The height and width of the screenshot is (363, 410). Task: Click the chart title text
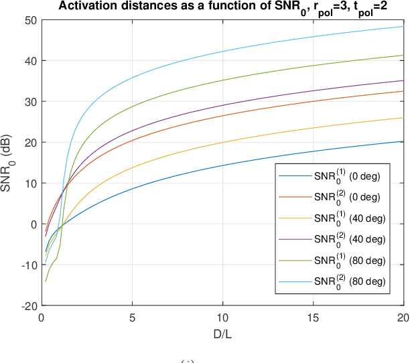pyautogui.click(x=222, y=7)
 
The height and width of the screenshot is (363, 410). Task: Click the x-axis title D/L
pyautogui.click(x=222, y=333)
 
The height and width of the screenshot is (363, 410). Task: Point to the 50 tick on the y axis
pyautogui.click(x=31, y=19)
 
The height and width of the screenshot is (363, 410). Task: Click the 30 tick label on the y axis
pyautogui.click(x=31, y=101)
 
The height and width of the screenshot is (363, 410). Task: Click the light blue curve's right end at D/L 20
pyautogui.click(x=403, y=27)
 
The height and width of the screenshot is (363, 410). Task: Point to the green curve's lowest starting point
pyautogui.click(x=46, y=281)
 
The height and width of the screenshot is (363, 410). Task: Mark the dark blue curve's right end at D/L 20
pyautogui.click(x=403, y=141)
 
